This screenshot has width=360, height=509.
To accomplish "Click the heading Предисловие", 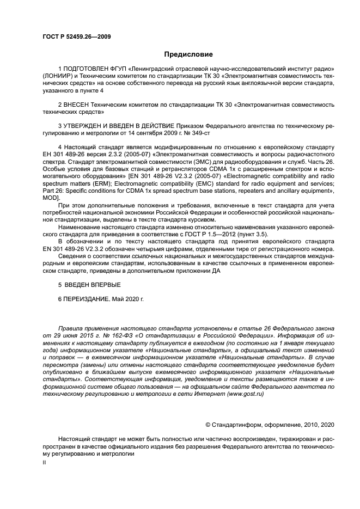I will pyautogui.click(x=188, y=54).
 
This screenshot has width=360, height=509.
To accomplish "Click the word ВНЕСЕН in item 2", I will pyautogui.click(x=77, y=103).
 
